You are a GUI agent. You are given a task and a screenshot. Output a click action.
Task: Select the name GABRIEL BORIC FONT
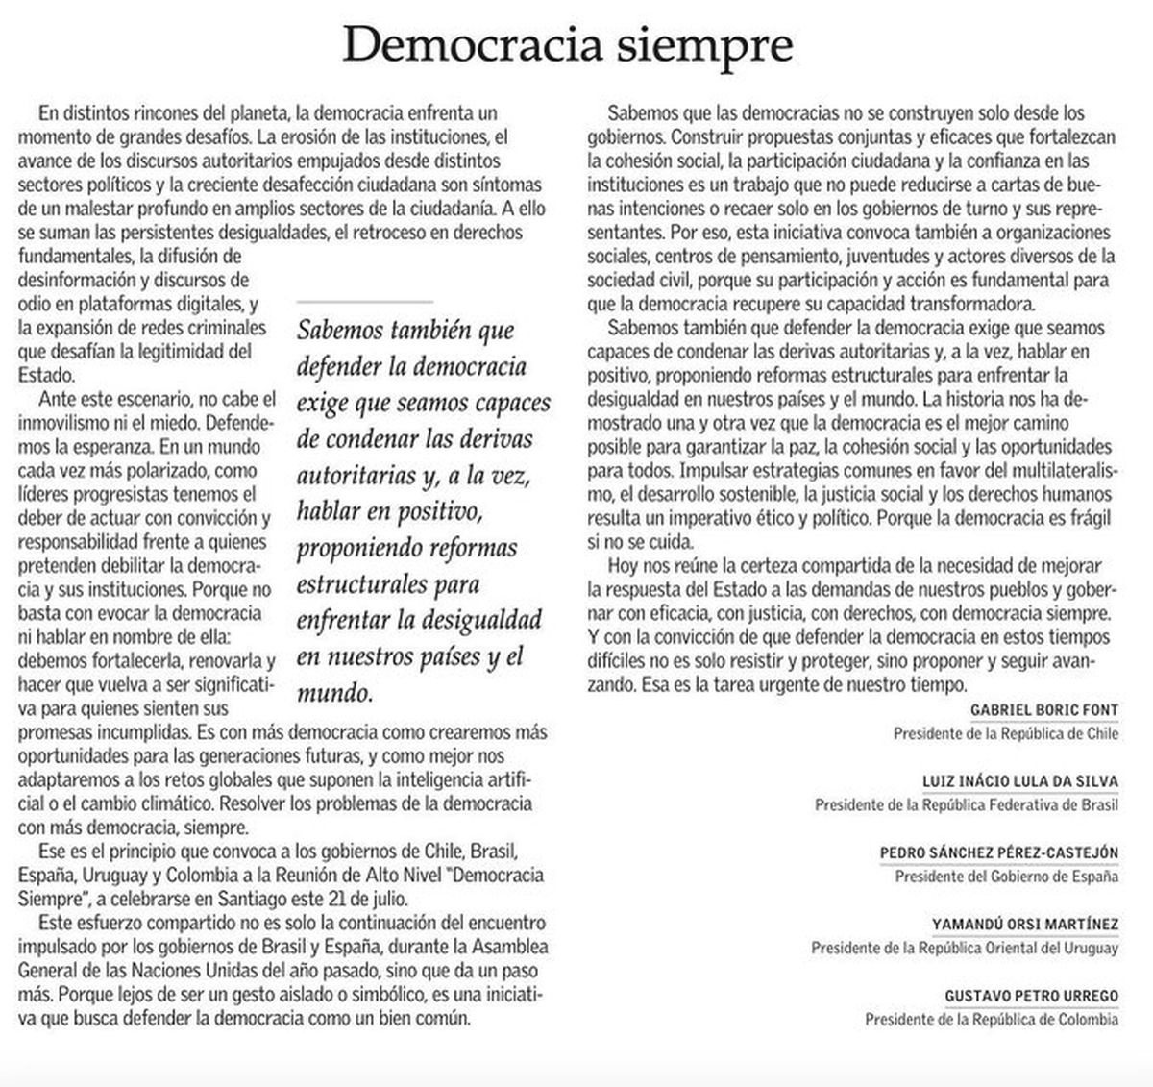1044,710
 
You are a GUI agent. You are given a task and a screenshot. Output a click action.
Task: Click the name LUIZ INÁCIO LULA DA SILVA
1019,781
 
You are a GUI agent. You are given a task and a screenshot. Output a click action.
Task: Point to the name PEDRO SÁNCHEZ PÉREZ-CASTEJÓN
999,852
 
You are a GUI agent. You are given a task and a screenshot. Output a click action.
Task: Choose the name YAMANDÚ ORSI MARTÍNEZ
1025,925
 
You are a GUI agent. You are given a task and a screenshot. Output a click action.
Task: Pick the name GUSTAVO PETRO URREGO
1032,996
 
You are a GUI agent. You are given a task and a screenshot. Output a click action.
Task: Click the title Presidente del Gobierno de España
1006,877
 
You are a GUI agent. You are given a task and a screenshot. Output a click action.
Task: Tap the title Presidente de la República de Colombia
992,1019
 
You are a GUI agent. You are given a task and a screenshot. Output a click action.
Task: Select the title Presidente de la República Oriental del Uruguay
964,948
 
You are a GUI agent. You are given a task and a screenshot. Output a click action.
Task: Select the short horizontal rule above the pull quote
365,303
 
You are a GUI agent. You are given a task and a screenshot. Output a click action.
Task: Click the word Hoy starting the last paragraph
622,565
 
